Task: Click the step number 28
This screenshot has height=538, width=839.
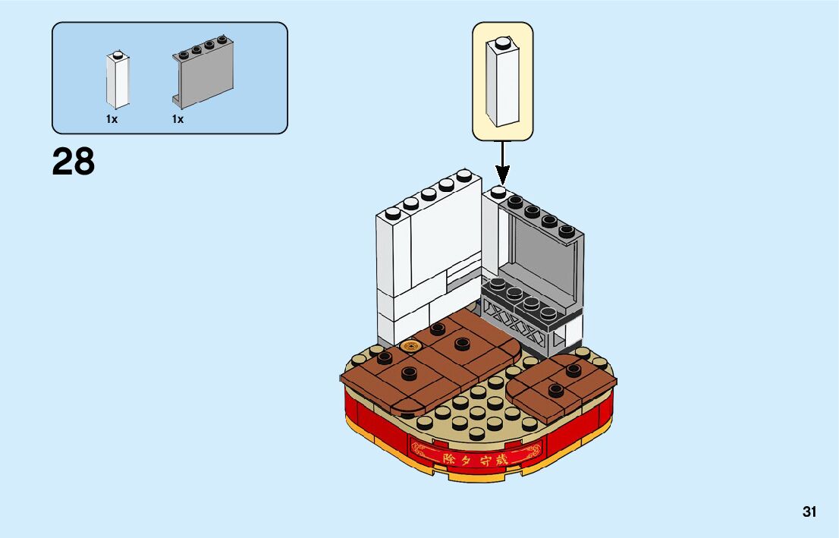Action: pos(74,162)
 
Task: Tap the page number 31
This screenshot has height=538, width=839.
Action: pos(809,511)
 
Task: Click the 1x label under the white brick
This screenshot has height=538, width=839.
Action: pos(112,119)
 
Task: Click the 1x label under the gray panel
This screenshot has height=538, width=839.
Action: pos(178,119)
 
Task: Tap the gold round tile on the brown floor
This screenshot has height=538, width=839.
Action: pos(411,347)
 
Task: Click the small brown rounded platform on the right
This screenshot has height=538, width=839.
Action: pos(562,388)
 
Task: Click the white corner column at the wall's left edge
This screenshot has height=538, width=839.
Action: pos(392,273)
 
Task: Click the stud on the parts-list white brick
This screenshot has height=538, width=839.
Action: pos(116,55)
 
